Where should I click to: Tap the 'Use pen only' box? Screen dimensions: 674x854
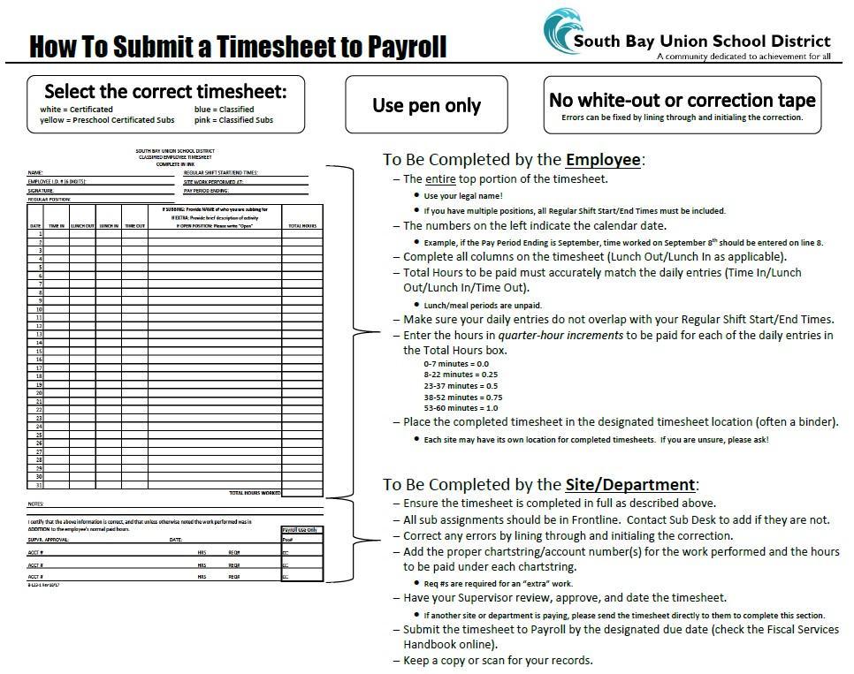(x=426, y=105)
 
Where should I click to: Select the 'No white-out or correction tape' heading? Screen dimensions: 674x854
(x=682, y=100)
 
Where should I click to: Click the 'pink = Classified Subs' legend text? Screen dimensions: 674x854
(x=234, y=119)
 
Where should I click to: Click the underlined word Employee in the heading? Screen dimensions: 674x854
(x=603, y=160)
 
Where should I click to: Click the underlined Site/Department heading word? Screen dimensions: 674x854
(x=629, y=484)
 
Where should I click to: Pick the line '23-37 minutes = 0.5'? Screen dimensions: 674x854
(x=461, y=385)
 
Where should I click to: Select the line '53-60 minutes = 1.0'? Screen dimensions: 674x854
(x=461, y=408)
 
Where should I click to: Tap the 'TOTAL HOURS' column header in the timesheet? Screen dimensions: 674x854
(x=302, y=226)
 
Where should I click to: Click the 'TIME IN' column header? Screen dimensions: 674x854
(x=57, y=226)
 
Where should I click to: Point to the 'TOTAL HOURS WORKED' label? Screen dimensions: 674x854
(x=255, y=493)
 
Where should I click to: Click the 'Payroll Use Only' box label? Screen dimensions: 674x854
(x=301, y=529)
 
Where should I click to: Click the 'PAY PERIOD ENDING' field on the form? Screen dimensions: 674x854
(x=207, y=190)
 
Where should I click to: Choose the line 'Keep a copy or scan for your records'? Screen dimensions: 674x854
(x=498, y=660)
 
